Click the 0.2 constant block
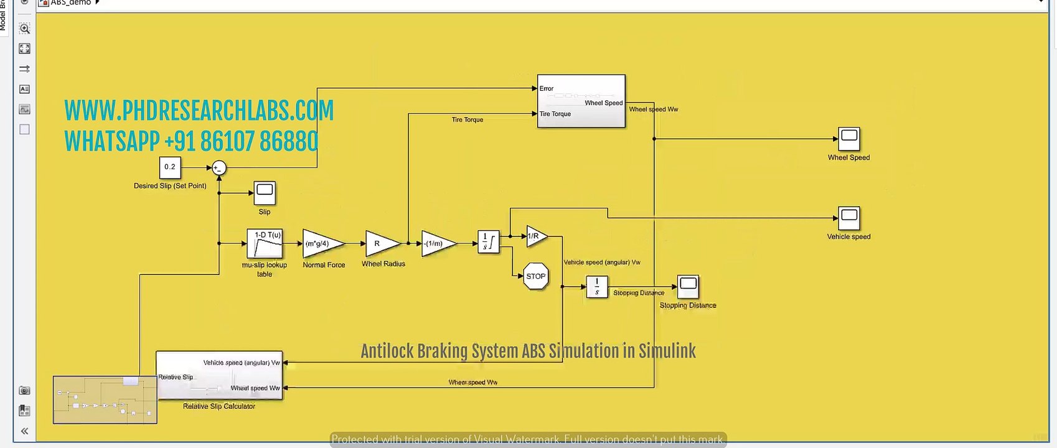click(x=169, y=167)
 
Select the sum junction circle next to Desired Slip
click(x=218, y=168)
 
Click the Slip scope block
click(x=265, y=193)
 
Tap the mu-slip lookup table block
click(x=265, y=243)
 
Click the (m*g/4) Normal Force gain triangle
click(x=320, y=243)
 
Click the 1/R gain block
click(x=535, y=236)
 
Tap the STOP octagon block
click(x=535, y=276)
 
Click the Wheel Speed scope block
click(x=848, y=139)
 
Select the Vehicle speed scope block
click(x=848, y=218)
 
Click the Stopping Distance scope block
click(x=688, y=287)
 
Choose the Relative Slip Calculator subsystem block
click(x=219, y=376)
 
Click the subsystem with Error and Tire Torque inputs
click(x=581, y=101)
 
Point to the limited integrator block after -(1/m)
click(x=488, y=242)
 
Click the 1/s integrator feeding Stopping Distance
click(x=596, y=287)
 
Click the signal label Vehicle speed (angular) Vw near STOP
click(x=601, y=263)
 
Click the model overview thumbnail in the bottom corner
click(x=105, y=400)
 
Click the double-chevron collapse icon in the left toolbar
click(x=24, y=431)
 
